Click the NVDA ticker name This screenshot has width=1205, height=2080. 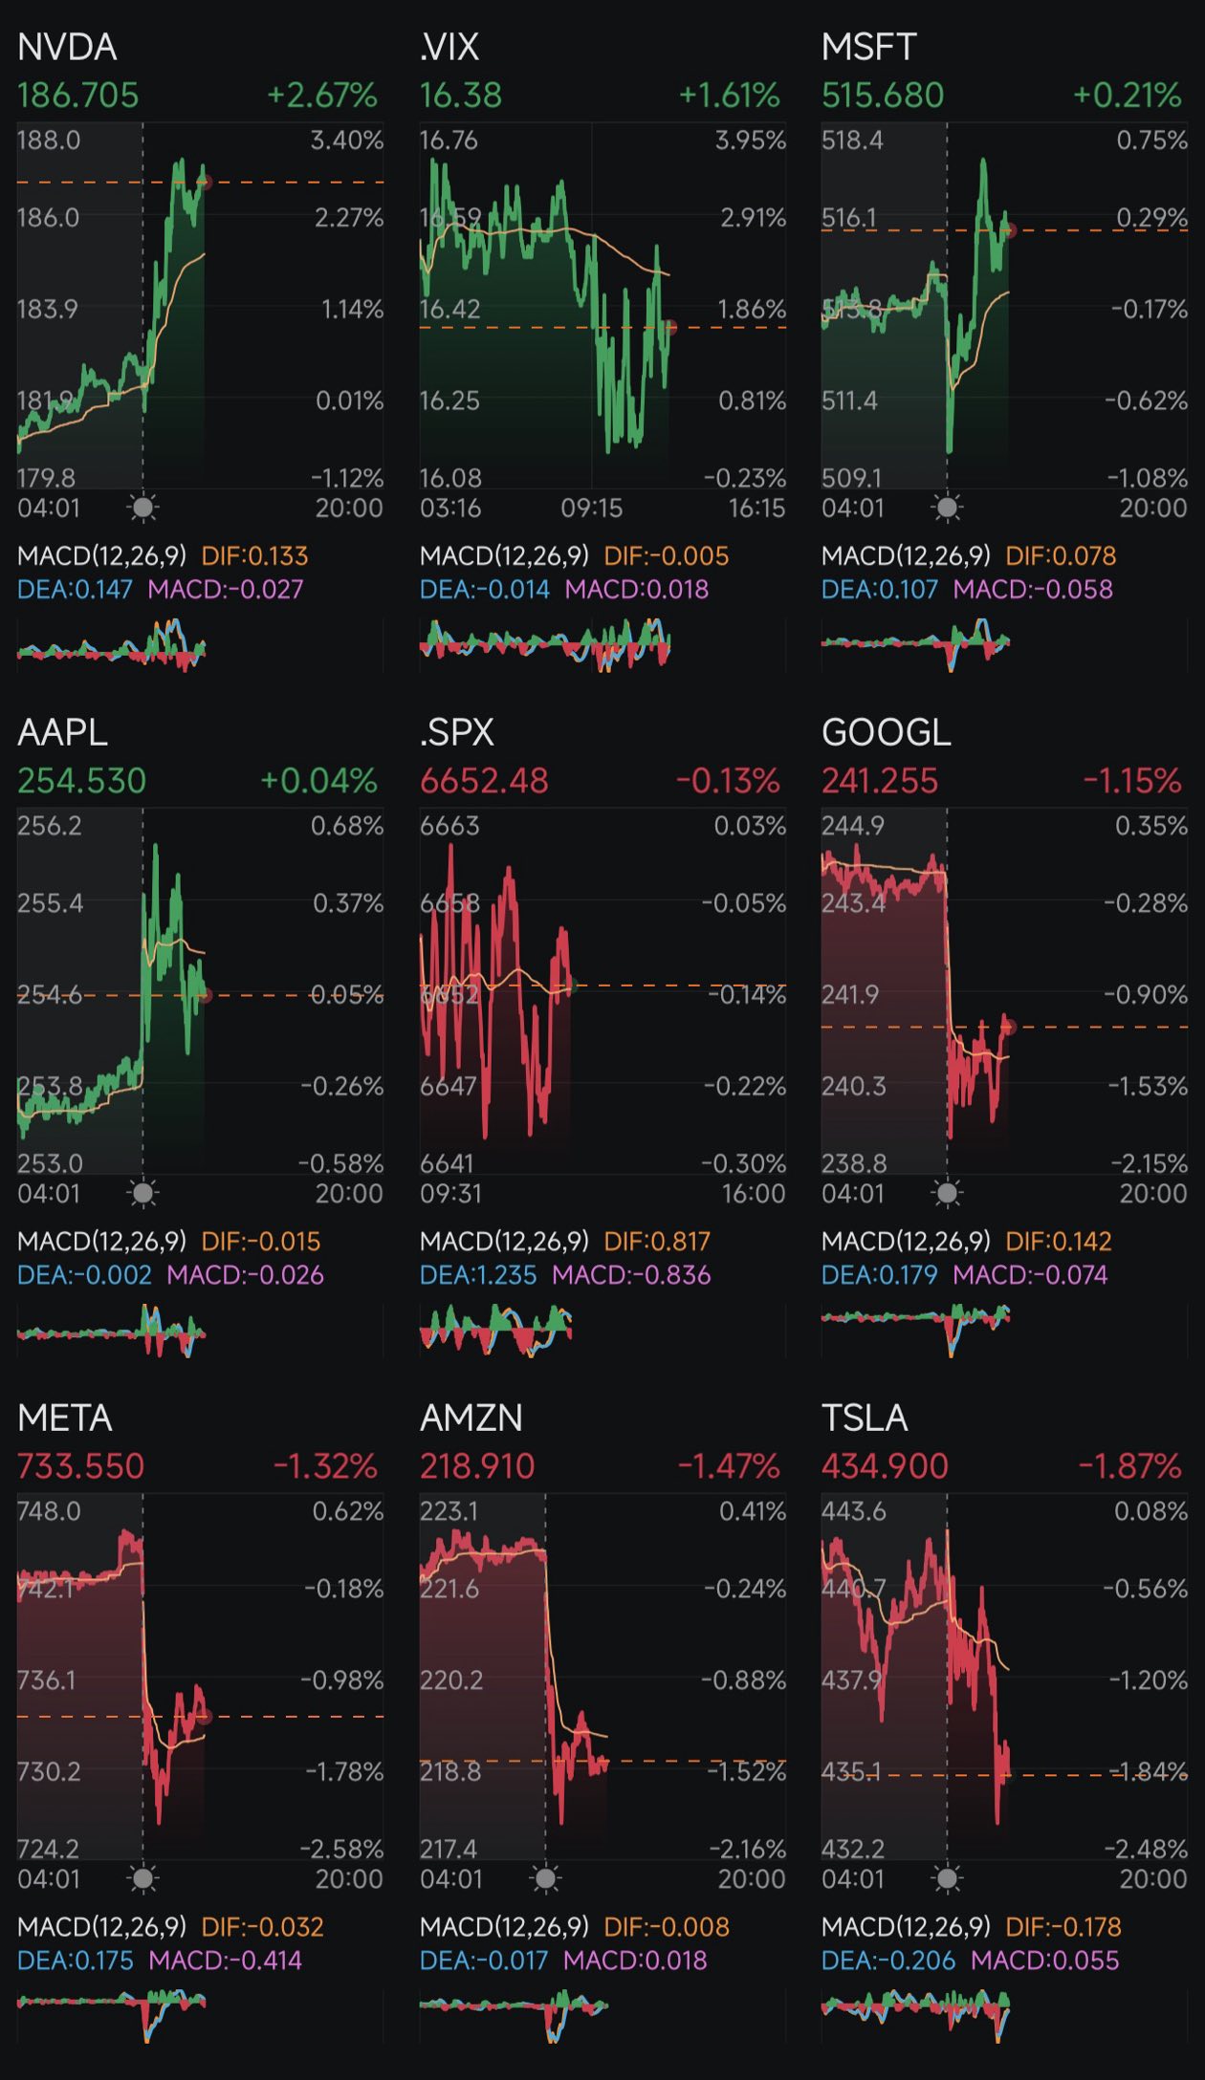[67, 47]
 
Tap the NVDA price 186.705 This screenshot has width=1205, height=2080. [78, 96]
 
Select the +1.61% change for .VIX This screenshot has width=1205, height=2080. [729, 96]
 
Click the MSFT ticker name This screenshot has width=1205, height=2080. [868, 47]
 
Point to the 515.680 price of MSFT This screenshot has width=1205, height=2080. [883, 96]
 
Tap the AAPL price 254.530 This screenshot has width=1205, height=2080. [82, 781]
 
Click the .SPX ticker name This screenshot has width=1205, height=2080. [457, 732]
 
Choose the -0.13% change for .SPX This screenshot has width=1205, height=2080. [728, 781]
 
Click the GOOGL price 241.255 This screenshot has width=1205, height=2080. [880, 781]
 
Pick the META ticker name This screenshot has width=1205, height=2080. [65, 1418]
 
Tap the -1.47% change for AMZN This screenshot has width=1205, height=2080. [729, 1466]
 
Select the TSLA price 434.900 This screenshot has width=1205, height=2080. [885, 1466]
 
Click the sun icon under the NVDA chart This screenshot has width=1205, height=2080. [143, 508]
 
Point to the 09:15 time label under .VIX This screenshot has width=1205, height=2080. [591, 508]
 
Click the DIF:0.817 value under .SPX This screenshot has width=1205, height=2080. [657, 1242]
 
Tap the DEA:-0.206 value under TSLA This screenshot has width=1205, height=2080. [888, 1961]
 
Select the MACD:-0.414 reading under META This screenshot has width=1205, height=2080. [225, 1961]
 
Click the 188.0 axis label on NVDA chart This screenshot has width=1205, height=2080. [49, 141]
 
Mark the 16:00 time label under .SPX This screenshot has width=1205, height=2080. [754, 1193]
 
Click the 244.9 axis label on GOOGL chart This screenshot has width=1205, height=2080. [853, 826]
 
